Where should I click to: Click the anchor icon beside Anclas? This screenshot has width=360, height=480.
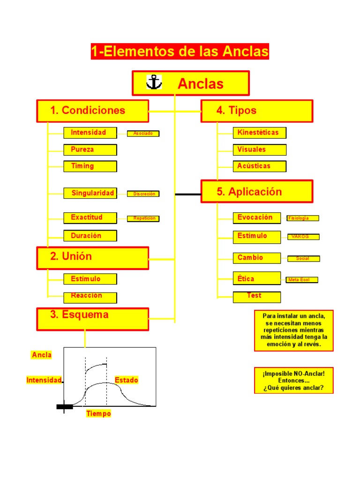pos(154,82)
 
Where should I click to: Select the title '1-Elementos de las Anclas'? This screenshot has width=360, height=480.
pos(180,52)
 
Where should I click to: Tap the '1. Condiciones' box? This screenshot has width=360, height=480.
pos(93,111)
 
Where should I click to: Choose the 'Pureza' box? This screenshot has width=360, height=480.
pos(90,150)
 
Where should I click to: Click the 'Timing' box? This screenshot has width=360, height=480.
pos(90,166)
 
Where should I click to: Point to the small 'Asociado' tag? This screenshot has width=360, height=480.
pos(143,134)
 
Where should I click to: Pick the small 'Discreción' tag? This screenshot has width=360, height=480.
pos(143,194)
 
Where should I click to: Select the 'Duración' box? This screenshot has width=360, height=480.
pos(90,236)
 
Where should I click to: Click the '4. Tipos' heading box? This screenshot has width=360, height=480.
pos(257,111)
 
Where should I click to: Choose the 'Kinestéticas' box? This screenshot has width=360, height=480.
pos(259,133)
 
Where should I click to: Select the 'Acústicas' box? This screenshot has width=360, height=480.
pos(259,166)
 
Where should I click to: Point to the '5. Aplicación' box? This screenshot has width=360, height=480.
pos(257,191)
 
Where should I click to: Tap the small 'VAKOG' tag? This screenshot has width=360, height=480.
pos(303,237)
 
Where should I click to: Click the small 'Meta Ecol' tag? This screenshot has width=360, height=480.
pos(302,280)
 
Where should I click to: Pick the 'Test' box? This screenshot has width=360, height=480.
pos(257,297)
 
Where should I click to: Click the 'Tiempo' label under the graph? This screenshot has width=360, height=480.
pos(98,414)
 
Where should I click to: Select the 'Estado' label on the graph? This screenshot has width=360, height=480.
pos(127,380)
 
